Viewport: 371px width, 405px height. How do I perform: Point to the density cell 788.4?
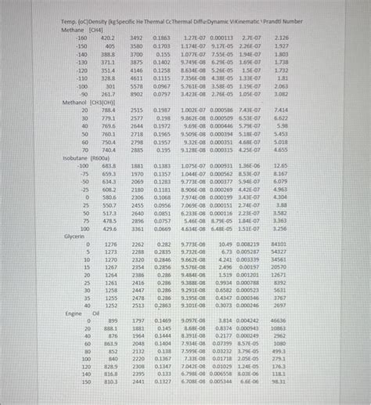click(108, 110)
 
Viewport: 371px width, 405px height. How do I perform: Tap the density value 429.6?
click(108, 228)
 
